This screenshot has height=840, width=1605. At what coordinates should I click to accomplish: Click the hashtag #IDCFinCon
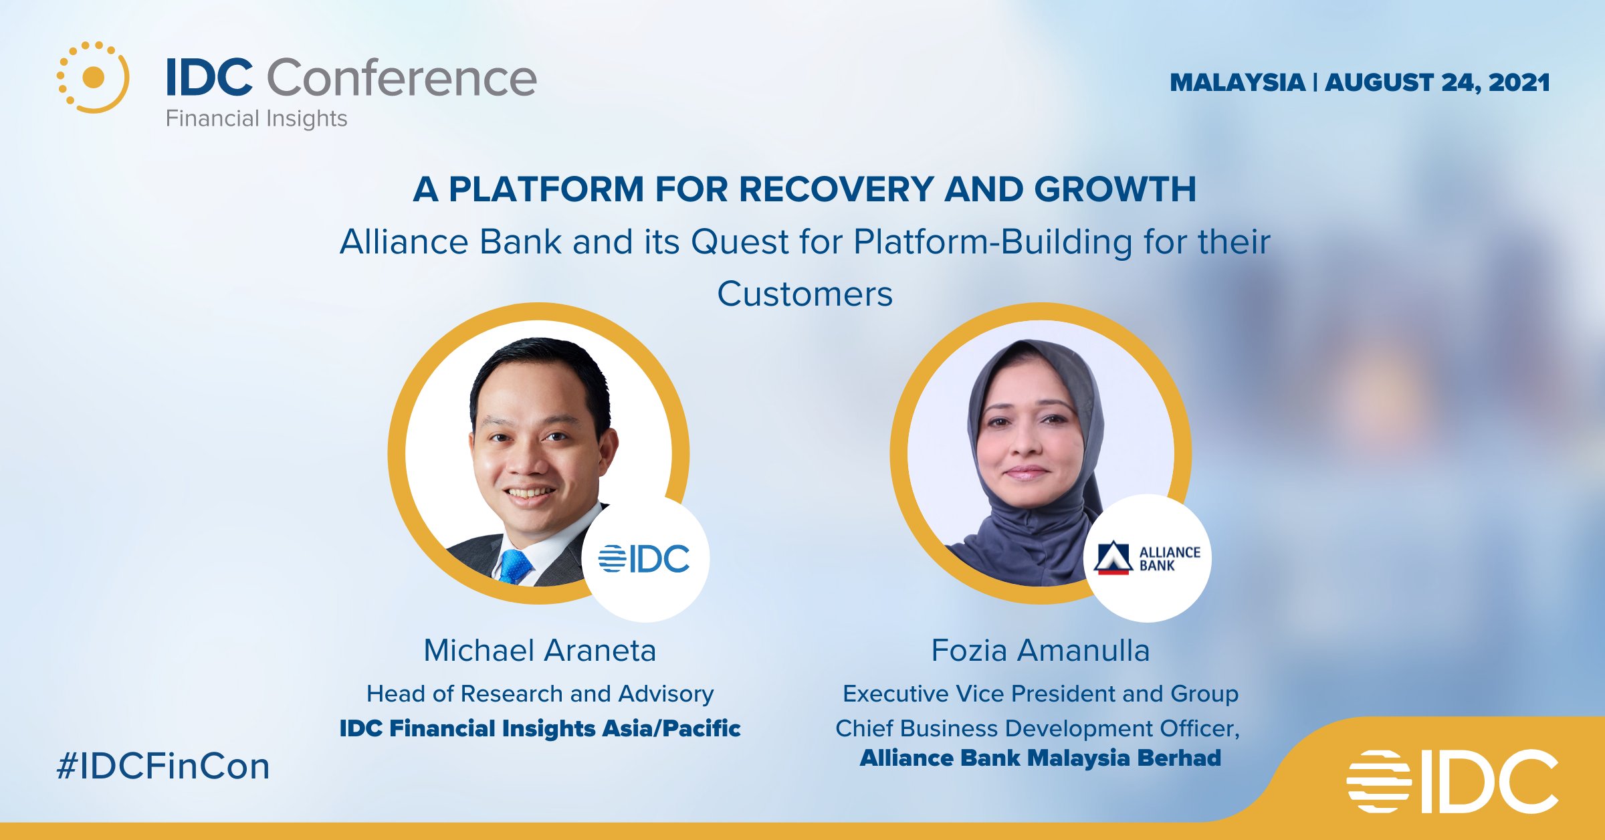163,766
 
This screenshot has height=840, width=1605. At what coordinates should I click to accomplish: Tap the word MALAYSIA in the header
1237,83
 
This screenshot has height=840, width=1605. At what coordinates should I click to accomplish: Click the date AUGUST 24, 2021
1437,83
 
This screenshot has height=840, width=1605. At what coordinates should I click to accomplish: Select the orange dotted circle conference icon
93,77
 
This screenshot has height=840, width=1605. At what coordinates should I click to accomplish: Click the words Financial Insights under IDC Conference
257,118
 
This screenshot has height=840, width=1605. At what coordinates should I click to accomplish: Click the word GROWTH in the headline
1115,189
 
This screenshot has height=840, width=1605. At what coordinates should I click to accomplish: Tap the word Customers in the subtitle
805,294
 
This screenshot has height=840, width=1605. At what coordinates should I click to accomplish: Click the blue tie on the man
515,566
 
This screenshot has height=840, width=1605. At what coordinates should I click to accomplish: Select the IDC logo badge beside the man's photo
645,558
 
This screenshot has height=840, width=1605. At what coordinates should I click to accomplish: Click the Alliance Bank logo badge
1148,558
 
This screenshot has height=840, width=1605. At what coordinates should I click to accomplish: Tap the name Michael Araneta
540,650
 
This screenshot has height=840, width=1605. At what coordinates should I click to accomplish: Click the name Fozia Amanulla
1041,650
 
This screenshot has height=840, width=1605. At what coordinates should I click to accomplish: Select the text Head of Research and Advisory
540,694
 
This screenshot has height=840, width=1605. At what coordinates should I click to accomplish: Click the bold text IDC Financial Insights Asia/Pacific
540,728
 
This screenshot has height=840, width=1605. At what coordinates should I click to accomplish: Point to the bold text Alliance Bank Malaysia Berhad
1041,758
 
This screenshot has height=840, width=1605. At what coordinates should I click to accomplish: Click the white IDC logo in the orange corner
1453,781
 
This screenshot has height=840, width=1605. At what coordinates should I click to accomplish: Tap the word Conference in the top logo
402,78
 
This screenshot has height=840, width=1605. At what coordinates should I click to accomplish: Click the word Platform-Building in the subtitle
993,242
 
